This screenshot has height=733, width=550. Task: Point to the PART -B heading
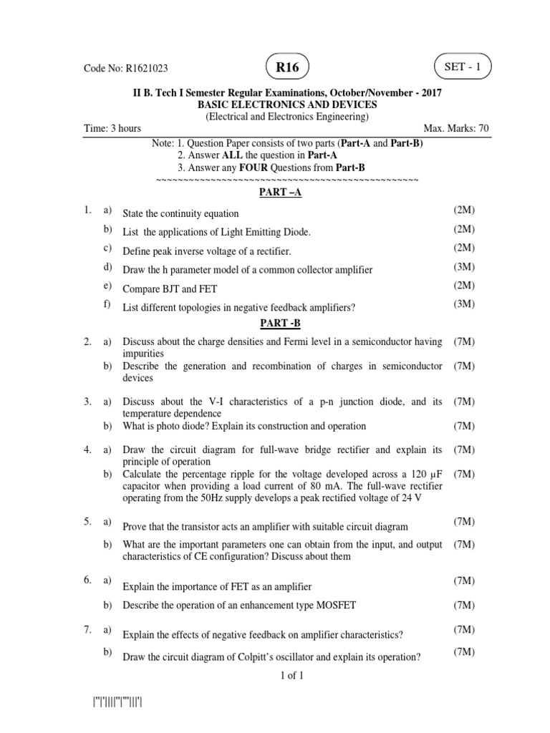(x=276, y=324)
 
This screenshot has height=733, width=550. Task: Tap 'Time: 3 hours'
(x=111, y=129)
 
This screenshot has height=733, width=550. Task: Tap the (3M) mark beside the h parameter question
(x=464, y=267)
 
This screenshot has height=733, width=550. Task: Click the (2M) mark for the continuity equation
(x=464, y=210)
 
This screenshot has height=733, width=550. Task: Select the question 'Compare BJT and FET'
(x=170, y=289)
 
